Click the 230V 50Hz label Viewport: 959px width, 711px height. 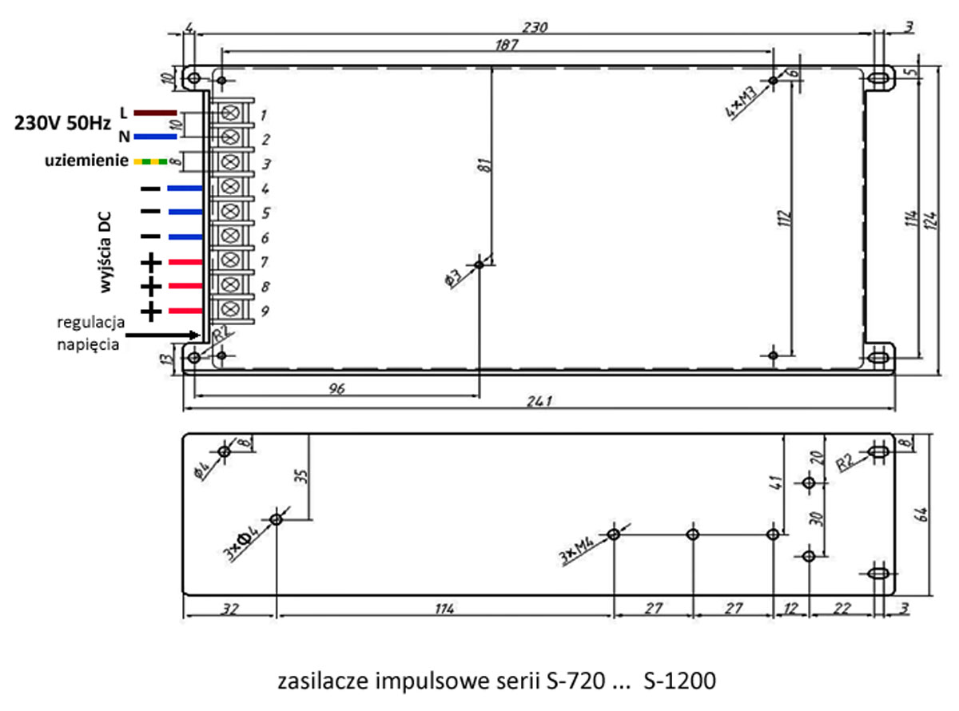coord(64,125)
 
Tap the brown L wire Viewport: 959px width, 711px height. coord(155,113)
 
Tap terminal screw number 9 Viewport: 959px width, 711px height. coord(232,309)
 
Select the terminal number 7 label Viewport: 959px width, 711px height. coord(263,262)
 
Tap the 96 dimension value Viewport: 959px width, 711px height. coord(336,387)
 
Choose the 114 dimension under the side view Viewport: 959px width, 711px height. coord(444,610)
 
